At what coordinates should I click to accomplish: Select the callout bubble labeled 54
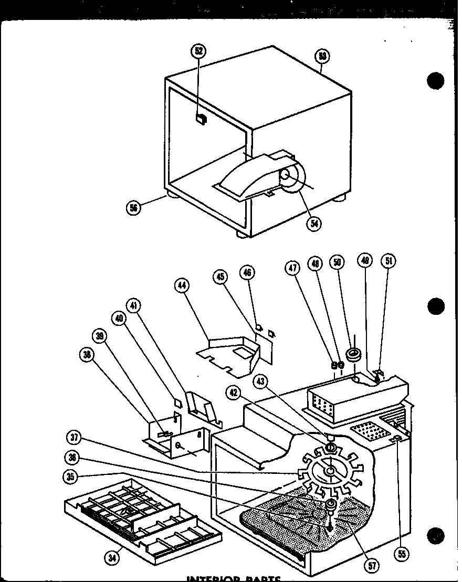315,223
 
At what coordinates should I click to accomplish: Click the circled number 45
221,277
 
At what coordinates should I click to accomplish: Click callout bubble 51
388,261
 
